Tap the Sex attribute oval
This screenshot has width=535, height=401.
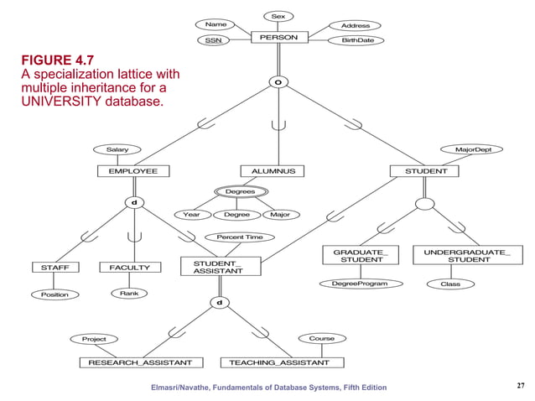pos(278,16)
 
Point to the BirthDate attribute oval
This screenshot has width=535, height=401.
pos(357,40)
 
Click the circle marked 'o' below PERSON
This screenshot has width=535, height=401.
pos(277,82)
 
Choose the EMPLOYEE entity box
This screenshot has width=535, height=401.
pos(127,171)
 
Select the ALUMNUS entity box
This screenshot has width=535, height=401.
pos(273,171)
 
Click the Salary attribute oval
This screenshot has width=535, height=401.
pos(117,149)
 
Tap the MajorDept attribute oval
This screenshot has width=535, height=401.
pos(479,149)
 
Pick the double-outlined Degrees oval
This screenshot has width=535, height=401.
pos(241,192)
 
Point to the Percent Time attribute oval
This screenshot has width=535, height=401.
pos(240,237)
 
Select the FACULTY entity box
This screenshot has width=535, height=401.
pos(130,268)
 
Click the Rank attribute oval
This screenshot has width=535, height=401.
pos(129,294)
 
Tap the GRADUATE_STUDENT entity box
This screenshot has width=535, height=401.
pos(361,256)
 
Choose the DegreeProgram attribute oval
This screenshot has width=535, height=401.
pos(361,284)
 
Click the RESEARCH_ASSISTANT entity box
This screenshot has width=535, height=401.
pos(140,362)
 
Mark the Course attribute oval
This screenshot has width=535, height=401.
pos(321,338)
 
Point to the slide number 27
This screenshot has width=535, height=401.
pos(520,385)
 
